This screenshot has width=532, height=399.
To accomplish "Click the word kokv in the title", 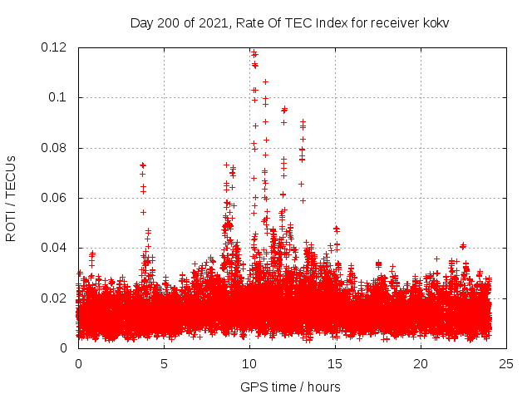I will pos(434,22).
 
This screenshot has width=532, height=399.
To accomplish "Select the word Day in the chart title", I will pos(141,22).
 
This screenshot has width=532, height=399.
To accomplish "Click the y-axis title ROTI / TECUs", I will pos(12,198).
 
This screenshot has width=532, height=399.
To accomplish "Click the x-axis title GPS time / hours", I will pos(290,387).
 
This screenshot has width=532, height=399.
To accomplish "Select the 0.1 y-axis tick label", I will pos(58,97).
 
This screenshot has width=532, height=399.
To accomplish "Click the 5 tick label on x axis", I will pos(164,363).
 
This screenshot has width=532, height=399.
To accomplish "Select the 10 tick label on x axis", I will pos(249,363).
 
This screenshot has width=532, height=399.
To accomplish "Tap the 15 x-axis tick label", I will pos(335,363).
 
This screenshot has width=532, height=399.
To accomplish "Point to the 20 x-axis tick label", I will pos(421,363).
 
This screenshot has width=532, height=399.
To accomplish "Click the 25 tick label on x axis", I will pos(506,363).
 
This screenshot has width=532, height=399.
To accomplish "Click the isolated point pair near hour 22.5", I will pos(463,246).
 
